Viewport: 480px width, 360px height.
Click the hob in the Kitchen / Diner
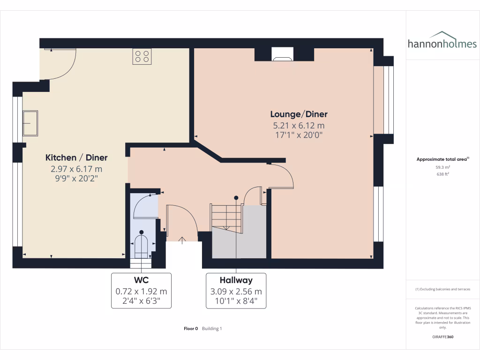142,56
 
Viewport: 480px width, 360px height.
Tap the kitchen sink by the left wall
30,123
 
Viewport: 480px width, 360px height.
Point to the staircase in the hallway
226,217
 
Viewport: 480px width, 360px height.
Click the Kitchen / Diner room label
76,158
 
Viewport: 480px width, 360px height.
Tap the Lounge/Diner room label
299,114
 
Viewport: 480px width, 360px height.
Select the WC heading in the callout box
141,280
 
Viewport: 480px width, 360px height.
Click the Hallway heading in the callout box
236,280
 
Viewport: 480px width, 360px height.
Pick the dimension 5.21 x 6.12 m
299,126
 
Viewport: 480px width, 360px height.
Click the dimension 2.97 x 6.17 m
76,169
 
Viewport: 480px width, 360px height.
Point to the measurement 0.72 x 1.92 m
141,292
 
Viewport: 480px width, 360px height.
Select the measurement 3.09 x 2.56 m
236,292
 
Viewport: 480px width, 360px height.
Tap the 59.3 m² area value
442,167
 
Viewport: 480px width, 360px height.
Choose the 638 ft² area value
442,174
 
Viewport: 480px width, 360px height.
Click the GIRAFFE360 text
442,337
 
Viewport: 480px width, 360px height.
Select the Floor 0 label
191,329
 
